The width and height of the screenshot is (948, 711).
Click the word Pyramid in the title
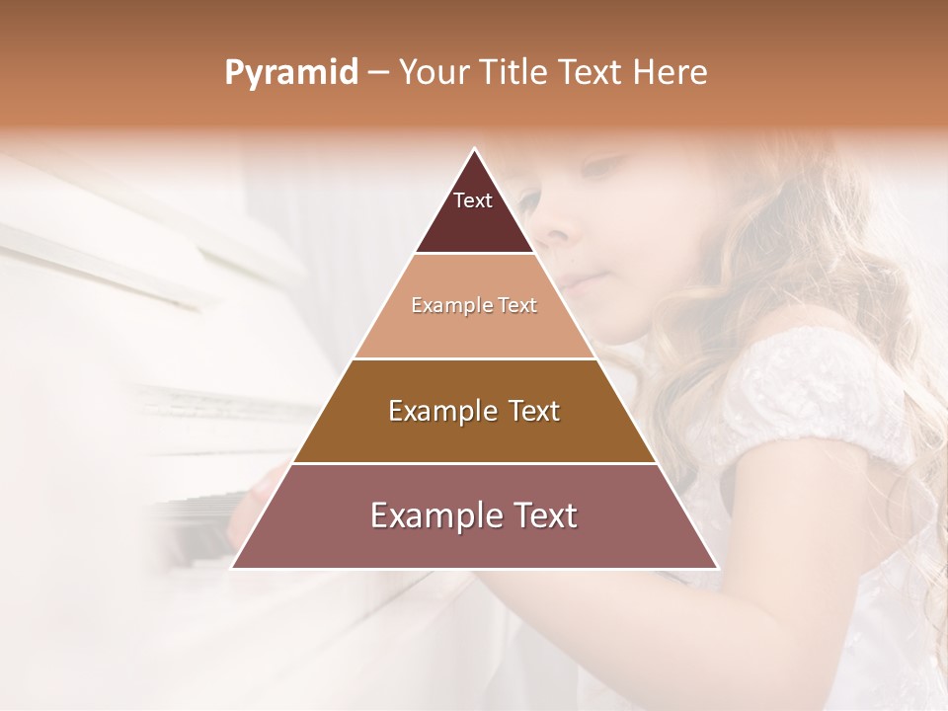pos(290,73)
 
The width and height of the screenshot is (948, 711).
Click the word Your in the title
pos(434,73)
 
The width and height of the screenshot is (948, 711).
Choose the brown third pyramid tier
pos(474,434)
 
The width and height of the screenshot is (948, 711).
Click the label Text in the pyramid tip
pos(472,200)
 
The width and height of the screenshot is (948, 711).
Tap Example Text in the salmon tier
pos(474,305)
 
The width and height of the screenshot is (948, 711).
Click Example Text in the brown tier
pos(474,411)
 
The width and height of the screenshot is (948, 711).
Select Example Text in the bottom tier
pos(474,515)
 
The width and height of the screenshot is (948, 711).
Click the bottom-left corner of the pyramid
pos(233,568)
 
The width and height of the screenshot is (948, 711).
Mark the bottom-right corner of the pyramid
pos(716,568)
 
